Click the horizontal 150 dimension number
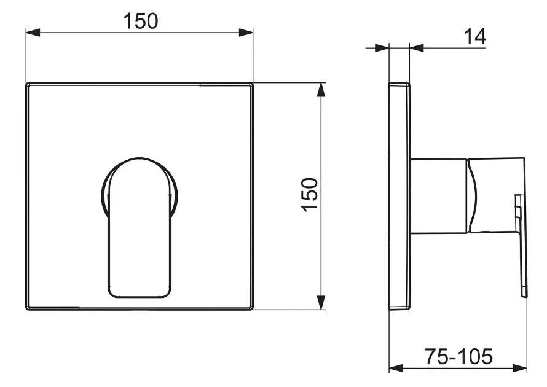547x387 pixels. pyautogui.click(x=141, y=21)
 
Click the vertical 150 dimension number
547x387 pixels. pyautogui.click(x=309, y=195)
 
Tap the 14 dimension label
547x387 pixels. pyautogui.click(x=475, y=36)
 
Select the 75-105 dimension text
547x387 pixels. pyautogui.click(x=458, y=356)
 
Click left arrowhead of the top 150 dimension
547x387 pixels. pyautogui.click(x=33, y=33)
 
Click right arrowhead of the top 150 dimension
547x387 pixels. pyautogui.click(x=246, y=33)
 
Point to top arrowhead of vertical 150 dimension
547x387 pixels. pyautogui.click(x=321, y=90)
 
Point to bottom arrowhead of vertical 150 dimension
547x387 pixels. pyautogui.click(x=321, y=302)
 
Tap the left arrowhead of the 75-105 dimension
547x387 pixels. pyautogui.click(x=396, y=368)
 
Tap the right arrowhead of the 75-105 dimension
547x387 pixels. pyautogui.click(x=520, y=368)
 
